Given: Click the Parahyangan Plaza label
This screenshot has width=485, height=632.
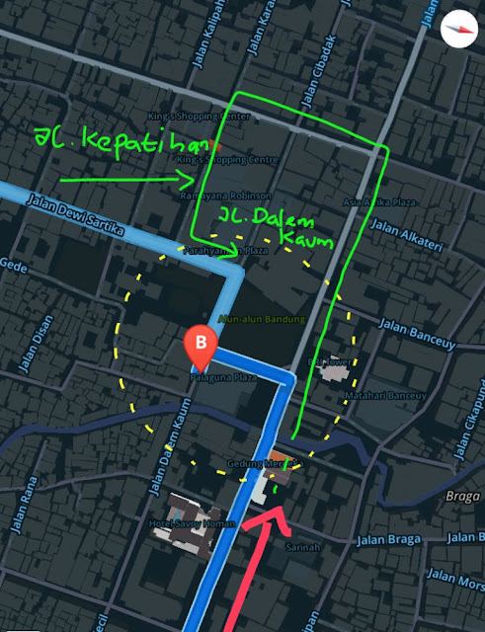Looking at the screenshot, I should [x=224, y=251].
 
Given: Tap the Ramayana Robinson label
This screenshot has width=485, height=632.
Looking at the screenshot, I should [x=211, y=196].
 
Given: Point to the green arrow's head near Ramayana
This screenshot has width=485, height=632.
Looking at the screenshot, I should [x=192, y=179].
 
